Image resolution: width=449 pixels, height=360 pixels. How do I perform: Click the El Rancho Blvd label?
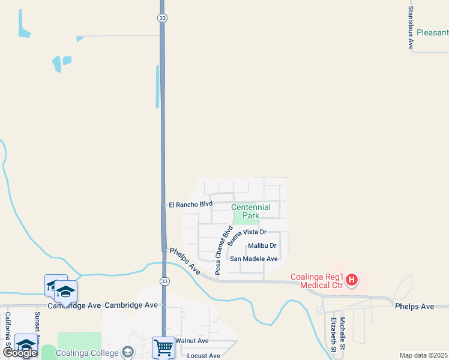[191, 205]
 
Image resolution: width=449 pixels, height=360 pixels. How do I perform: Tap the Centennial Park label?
[251, 211]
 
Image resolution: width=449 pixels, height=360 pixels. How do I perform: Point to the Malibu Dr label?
[262, 245]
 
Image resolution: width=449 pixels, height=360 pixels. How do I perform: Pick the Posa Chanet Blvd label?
[223, 250]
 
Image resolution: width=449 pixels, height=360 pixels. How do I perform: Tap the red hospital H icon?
[352, 280]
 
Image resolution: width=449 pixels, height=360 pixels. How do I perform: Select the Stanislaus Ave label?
[411, 28]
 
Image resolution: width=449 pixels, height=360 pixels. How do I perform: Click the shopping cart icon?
[163, 347]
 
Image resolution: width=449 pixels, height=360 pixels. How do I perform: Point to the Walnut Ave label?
[191, 341]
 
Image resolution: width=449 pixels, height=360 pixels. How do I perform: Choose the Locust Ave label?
[203, 356]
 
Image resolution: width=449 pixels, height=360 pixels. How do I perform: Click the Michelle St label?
[342, 334]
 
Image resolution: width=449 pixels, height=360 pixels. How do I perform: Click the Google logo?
[20, 353]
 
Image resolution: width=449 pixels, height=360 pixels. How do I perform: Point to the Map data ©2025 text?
[423, 355]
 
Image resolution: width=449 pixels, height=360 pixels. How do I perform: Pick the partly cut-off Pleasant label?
[432, 33]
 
